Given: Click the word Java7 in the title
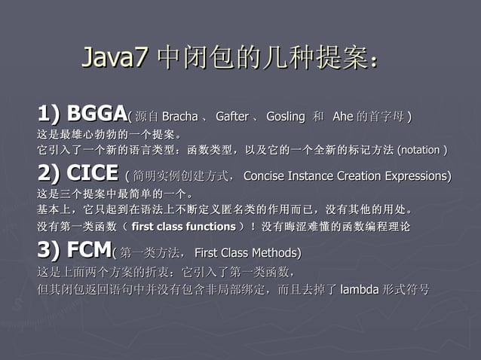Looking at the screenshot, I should coord(114,57).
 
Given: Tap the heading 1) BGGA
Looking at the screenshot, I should coord(81,114).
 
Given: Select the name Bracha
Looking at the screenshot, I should coord(179,117).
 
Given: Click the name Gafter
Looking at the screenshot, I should coord(231,117).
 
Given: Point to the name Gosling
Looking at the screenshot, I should coord(285,117).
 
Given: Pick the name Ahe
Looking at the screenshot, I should coord(342,117).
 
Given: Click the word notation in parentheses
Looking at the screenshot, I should coord(421,150).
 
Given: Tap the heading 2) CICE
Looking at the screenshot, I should coord(78,173).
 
